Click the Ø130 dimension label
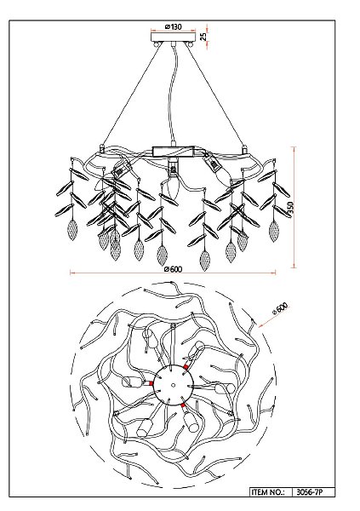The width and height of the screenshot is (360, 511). [174, 26]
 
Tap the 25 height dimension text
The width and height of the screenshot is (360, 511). [203, 36]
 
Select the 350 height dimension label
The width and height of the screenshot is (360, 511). [290, 207]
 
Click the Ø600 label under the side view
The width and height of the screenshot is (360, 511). [174, 269]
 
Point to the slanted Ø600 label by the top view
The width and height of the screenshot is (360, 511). [280, 308]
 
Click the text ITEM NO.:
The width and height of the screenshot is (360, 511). [267, 491]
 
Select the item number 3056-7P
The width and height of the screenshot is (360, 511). [311, 491]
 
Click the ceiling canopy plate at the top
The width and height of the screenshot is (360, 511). [174, 36]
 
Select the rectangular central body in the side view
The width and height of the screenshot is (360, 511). [174, 152]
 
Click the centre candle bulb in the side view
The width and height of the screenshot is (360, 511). [173, 187]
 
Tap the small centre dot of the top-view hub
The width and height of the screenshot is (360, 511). [174, 385]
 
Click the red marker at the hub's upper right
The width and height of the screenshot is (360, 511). [186, 367]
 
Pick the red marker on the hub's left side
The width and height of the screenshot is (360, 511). [151, 383]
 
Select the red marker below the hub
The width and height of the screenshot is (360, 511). [183, 405]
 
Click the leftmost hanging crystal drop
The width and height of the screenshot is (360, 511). [72, 230]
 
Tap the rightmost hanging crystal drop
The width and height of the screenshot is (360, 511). [274, 231]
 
